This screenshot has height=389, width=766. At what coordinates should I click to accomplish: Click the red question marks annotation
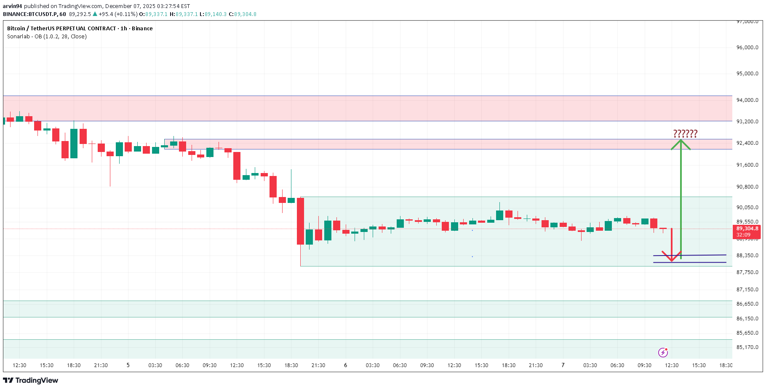[x=685, y=134]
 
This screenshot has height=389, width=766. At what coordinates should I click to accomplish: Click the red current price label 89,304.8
[x=747, y=229]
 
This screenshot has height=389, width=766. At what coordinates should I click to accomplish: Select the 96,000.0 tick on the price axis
[x=747, y=48]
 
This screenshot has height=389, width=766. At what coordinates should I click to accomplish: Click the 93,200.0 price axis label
[x=747, y=122]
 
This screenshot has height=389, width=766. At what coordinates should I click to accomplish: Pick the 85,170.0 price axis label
[x=747, y=347]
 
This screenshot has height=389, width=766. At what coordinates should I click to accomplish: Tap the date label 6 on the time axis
[x=345, y=365]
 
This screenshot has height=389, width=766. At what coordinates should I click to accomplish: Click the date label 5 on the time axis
[x=128, y=365]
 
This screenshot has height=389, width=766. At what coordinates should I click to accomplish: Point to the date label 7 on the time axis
[x=563, y=365]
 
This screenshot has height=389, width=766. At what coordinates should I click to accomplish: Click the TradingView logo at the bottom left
[x=31, y=381]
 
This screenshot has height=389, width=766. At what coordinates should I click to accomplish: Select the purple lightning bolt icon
[x=663, y=352]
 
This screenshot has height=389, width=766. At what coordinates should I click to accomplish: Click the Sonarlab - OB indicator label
[x=47, y=37]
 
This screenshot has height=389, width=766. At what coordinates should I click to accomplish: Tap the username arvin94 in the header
[x=12, y=6]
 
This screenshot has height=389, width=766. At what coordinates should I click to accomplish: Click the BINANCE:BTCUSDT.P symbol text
[x=30, y=14]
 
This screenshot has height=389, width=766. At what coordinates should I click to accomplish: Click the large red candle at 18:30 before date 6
[x=300, y=221]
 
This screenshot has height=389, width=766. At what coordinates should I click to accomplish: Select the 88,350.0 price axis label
[x=747, y=256]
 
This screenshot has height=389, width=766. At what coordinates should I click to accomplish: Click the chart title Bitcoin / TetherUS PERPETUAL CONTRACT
[x=61, y=29]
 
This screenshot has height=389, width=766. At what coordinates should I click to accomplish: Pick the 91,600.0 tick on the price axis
[x=747, y=165]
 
